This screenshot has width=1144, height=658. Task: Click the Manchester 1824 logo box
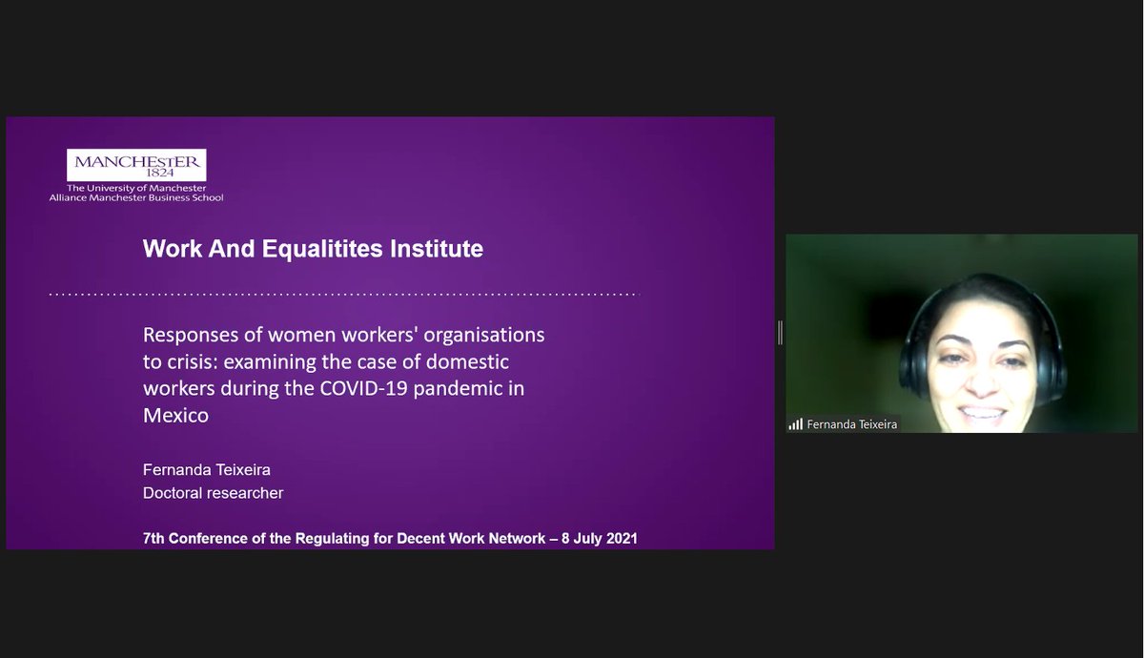coord(136,165)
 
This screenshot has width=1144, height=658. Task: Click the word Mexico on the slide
coord(175,416)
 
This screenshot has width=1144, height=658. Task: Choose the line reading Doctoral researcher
coord(213,493)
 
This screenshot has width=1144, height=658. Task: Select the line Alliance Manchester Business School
coord(136,197)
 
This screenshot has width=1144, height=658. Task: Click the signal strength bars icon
coord(795,424)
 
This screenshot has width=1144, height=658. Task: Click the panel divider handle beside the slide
coord(780,332)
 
